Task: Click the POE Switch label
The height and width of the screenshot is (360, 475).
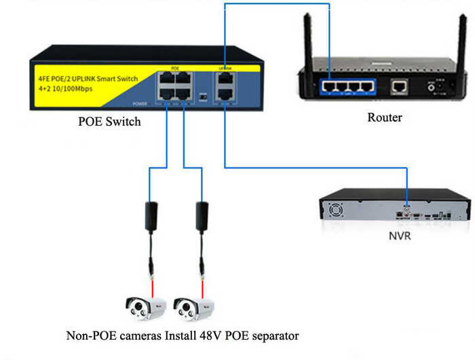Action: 110,122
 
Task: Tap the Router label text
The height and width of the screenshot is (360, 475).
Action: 384,118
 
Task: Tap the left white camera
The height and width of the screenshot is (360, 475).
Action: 145,308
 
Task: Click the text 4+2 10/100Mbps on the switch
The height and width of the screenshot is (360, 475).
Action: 66,89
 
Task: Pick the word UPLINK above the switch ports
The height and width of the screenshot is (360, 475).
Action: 225,69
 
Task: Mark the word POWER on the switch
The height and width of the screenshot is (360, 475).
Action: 139,103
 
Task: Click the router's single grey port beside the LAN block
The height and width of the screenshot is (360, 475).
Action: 398,86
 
